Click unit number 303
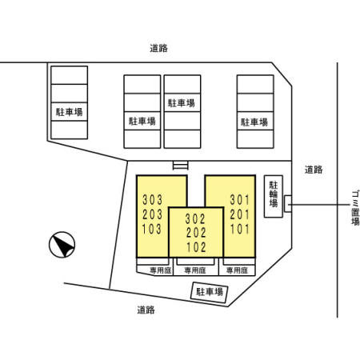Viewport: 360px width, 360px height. click(152, 200)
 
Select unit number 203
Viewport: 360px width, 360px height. click(152, 214)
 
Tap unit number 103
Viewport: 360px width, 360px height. click(152, 229)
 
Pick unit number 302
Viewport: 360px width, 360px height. click(195, 219)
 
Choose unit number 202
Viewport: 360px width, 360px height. click(196, 233)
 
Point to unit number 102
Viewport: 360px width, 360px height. click(196, 247)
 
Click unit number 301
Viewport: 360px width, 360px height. click(240, 200)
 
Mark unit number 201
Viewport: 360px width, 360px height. click(240, 214)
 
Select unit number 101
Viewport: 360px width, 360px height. click(240, 229)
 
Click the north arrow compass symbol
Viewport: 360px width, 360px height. click(62, 245)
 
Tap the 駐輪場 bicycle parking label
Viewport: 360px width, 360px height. click(274, 194)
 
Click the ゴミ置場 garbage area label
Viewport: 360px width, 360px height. click(355, 207)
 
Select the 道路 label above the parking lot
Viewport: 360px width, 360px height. click(158, 48)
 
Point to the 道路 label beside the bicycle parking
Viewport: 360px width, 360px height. click(314, 170)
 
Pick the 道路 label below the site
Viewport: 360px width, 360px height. click(146, 310)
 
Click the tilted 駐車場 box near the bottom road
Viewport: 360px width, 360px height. click(210, 292)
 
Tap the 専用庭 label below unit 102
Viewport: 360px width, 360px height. click(195, 270)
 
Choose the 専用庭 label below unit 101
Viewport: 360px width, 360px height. click(237, 270)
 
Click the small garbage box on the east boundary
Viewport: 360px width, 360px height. click(288, 204)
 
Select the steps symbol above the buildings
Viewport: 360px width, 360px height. click(181, 166)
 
